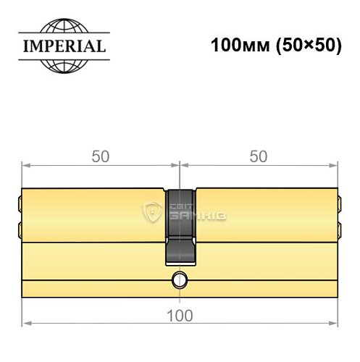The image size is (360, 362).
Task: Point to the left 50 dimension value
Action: (x=101, y=156)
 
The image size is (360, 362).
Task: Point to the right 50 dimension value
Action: (x=259, y=156)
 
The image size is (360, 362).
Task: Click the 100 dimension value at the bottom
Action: (x=180, y=316)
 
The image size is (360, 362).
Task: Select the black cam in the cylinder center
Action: (x=180, y=224)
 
